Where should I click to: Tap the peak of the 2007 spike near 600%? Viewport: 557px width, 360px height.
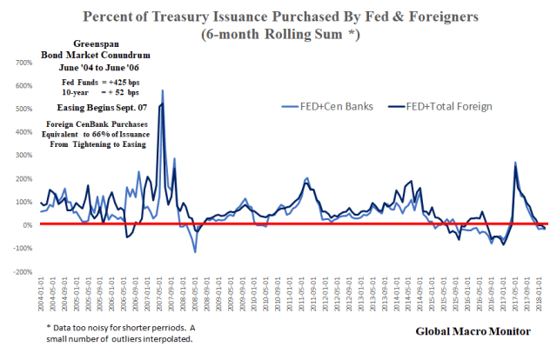[162, 90]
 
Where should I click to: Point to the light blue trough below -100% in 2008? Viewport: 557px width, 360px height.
[195, 252]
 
